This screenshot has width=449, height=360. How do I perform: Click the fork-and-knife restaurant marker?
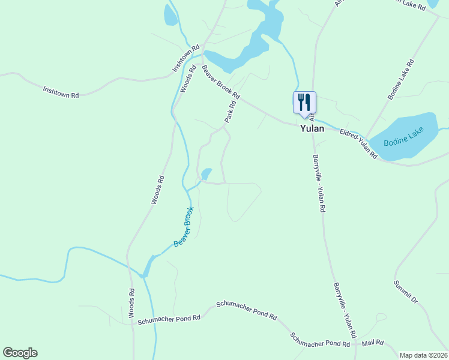pos(304,102)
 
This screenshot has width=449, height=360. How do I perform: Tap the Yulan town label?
pos(312,128)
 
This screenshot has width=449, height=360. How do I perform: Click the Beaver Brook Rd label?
pos(221,83)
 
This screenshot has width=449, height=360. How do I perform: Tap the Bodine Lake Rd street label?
pos(401,79)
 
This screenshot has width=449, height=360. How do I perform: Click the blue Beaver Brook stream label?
pos(184,227)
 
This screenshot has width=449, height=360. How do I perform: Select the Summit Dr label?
pos(405,290)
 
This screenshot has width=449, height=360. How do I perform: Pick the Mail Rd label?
pos(372,344)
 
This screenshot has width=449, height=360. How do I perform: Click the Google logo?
pos(20,353)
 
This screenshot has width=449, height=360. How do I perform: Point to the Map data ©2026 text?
pos(424,355)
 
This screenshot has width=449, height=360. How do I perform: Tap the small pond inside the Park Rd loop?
pos(206,174)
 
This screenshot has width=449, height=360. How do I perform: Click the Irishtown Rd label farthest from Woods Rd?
pos(61,91)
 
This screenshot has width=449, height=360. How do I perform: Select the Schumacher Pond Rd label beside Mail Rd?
pos(320,340)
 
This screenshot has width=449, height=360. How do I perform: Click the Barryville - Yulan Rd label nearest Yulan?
pos(319,184)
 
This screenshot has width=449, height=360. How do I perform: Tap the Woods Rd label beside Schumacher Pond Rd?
pos(131,303)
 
